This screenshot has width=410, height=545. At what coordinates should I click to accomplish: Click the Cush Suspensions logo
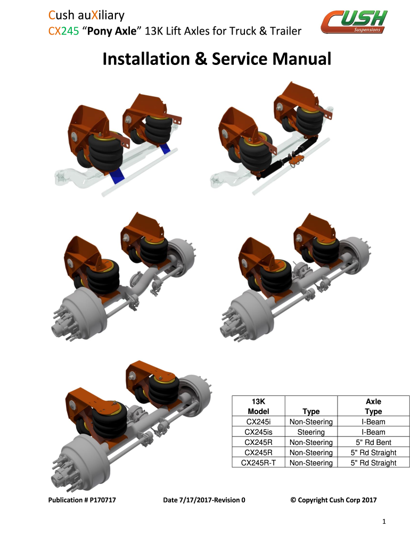tap(354, 21)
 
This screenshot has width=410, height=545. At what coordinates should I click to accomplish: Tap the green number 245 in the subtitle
tap(70, 31)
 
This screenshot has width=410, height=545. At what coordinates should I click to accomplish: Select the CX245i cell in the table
tap(258, 422)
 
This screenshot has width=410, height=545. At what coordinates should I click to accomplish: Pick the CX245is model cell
tap(258, 432)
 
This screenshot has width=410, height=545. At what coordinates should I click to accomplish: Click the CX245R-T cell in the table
tap(258, 463)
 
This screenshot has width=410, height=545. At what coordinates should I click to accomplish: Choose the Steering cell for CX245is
tap(311, 432)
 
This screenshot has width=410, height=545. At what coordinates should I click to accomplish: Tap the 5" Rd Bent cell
tap(373, 442)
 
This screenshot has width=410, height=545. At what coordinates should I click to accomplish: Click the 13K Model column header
tap(258, 406)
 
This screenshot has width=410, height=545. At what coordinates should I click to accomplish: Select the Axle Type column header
tap(373, 406)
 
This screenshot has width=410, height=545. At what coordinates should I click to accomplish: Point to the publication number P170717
tap(103, 500)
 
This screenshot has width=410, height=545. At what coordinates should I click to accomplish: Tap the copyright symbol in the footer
tap(293, 500)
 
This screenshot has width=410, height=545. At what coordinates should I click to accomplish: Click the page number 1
tap(384, 522)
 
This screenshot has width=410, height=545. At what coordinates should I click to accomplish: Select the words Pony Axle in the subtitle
tap(112, 31)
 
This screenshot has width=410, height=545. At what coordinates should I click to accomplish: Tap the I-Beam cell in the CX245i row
tap(373, 422)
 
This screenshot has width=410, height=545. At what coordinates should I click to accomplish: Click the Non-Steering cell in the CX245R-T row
tap(311, 463)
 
